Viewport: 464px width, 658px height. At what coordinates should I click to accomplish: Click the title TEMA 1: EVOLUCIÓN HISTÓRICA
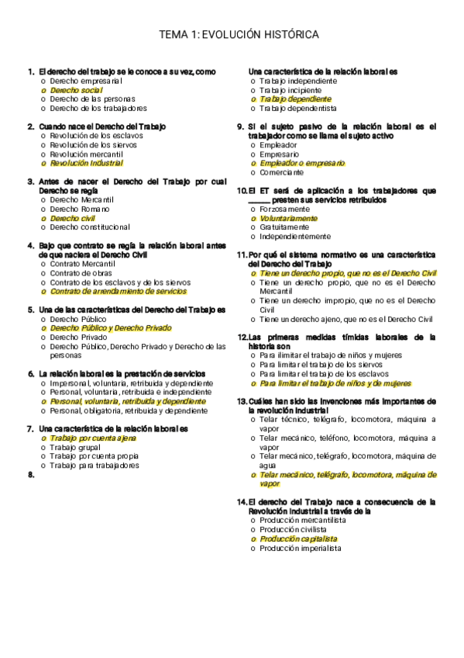click(239, 35)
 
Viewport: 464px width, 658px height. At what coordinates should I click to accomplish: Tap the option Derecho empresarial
click(86, 81)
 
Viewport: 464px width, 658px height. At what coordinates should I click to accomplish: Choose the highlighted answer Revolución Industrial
click(86, 163)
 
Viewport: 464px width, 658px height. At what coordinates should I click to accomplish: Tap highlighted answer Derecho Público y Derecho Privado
click(110, 327)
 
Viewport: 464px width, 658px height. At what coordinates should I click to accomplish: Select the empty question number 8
click(31, 475)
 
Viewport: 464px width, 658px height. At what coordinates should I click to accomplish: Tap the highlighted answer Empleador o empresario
click(302, 163)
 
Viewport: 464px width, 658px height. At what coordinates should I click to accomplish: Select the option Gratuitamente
click(285, 227)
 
